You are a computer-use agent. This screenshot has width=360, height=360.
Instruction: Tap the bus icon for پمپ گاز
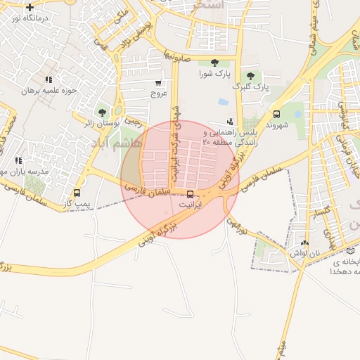(77, 193)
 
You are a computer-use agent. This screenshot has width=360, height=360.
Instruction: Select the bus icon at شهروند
(276, 114)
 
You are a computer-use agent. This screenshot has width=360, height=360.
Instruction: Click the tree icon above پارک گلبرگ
(250, 76)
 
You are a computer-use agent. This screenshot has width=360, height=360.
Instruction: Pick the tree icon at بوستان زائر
(103, 112)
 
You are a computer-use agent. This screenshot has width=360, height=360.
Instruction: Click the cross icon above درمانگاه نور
(30, 7)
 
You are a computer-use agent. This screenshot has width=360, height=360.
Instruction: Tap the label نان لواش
(307, 252)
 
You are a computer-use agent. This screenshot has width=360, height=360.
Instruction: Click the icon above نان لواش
(304, 242)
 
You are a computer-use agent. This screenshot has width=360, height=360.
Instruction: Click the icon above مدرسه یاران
(18, 161)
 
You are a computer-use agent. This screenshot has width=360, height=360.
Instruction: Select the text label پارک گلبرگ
(251, 87)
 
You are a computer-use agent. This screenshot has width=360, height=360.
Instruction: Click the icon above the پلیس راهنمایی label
(229, 122)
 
